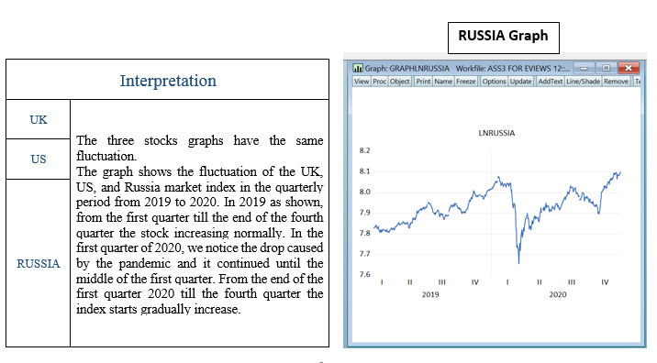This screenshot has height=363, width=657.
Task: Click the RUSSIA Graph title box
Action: pyautogui.click(x=503, y=36)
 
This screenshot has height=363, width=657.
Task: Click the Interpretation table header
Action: pyautogui.click(x=168, y=81)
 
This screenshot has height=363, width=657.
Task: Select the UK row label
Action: pyautogui.click(x=38, y=119)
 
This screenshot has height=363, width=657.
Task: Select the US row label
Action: pyautogui.click(x=38, y=159)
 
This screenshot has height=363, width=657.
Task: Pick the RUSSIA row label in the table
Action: pyautogui.click(x=38, y=263)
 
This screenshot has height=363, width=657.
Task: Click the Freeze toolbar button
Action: pyautogui.click(x=466, y=82)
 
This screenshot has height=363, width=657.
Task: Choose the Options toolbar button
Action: pyautogui.click(x=494, y=82)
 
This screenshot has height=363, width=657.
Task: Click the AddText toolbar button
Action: pyautogui.click(x=550, y=82)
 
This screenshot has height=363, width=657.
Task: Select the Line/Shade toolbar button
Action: pyautogui.click(x=583, y=82)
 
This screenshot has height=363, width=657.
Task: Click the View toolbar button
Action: pyautogui.click(x=362, y=82)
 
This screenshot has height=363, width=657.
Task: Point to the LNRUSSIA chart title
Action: pyautogui.click(x=496, y=133)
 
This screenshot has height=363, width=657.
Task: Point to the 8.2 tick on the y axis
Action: pyautogui.click(x=364, y=149)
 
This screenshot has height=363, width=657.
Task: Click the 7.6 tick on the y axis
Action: pyautogui.click(x=364, y=275)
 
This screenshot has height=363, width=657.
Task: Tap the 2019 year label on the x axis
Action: pyautogui.click(x=429, y=295)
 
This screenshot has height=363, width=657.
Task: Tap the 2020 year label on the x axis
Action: pyautogui.click(x=557, y=295)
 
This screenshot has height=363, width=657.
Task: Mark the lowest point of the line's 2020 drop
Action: pyautogui.click(x=518, y=263)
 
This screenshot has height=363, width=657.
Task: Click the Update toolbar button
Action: pyautogui.click(x=521, y=82)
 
